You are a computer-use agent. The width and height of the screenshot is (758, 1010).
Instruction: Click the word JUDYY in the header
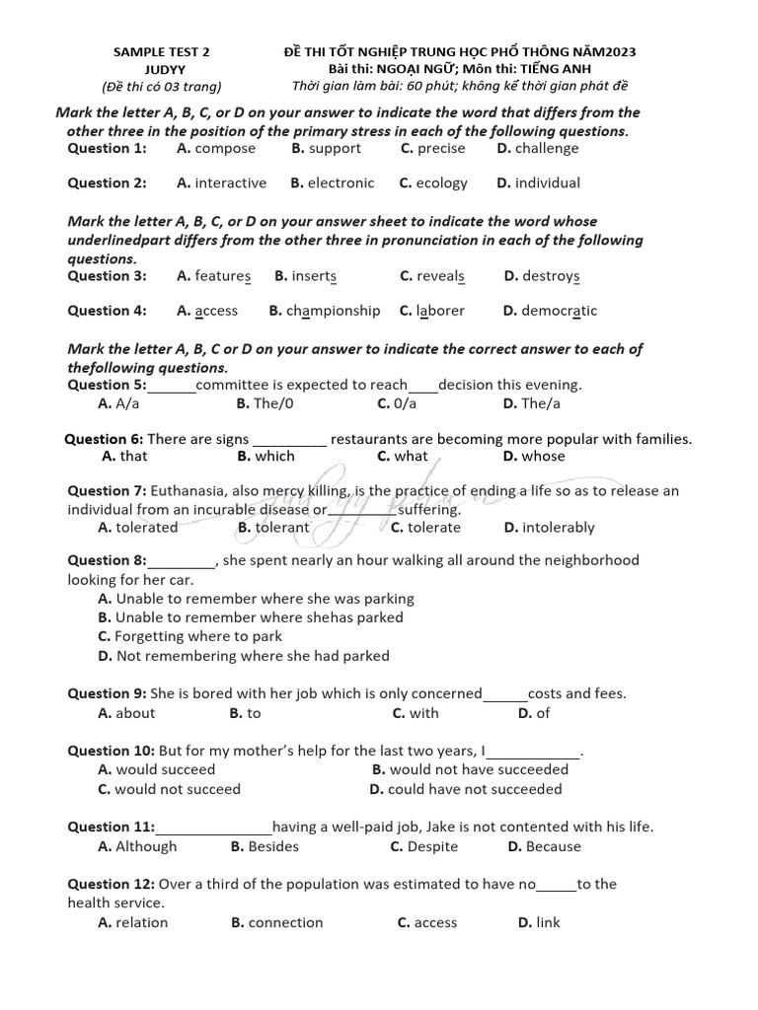coord(162,69)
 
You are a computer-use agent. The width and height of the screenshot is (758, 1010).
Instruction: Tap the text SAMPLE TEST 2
coord(162,51)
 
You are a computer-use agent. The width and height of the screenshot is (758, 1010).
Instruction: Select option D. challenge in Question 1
coord(538,149)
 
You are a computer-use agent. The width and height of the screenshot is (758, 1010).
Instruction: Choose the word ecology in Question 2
coord(441,183)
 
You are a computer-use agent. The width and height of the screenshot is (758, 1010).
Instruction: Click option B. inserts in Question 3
coord(306,276)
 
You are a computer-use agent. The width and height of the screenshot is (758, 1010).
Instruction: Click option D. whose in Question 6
coord(534,457)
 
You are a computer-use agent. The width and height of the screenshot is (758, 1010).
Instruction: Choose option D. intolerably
coord(549,528)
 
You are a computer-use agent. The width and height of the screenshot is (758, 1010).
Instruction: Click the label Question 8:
coord(107,560)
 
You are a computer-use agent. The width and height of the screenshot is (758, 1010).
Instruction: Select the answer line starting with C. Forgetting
coord(189,637)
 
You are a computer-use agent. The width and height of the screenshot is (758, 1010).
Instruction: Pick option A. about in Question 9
coord(126,713)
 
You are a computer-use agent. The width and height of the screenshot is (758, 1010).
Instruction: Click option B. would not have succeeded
coord(470,769)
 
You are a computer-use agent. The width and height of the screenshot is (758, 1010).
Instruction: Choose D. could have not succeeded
coord(466,789)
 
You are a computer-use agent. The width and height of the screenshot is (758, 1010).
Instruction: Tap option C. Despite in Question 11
coord(424,846)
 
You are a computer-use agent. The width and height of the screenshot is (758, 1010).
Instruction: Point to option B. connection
coord(277,923)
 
